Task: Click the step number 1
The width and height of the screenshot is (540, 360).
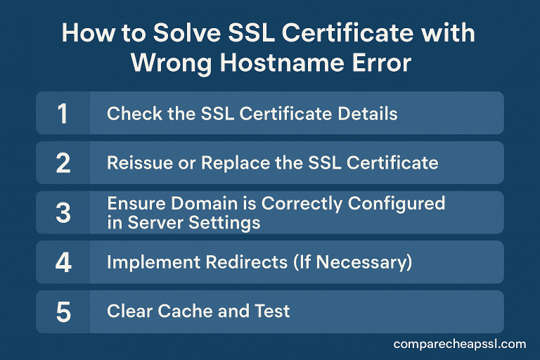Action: [x=63, y=113]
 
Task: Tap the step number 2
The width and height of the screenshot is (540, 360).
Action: [x=63, y=163]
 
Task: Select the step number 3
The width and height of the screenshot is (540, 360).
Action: [x=63, y=212]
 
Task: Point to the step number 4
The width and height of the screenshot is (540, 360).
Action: [x=63, y=262]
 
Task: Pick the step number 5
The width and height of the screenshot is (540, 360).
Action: [x=63, y=311]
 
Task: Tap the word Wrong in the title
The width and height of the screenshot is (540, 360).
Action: [x=168, y=63]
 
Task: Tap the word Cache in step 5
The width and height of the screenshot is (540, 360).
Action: [x=182, y=311]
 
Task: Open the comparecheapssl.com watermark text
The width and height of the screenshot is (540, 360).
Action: [x=460, y=344]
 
